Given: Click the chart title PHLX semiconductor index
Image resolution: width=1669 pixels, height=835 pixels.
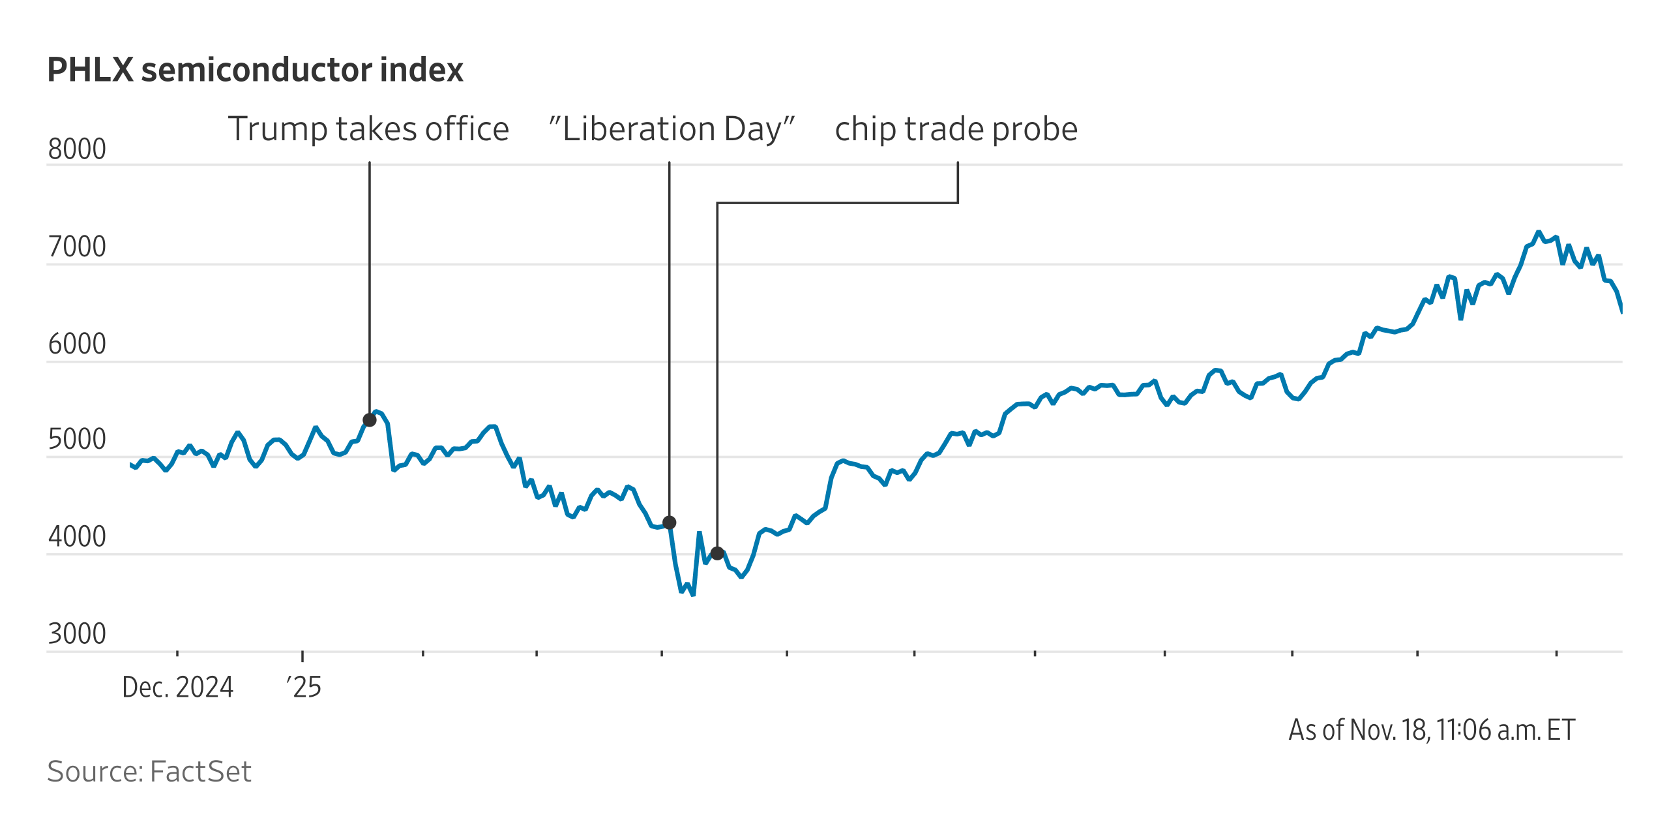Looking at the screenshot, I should [x=255, y=70].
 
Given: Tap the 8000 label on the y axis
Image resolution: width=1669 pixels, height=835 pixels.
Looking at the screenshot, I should [x=77, y=149].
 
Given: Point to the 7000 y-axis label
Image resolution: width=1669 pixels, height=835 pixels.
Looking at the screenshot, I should [x=77, y=247].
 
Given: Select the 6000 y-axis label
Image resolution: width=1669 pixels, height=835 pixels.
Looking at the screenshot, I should [x=77, y=344].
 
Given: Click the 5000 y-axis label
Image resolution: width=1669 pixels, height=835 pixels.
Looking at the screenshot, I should [x=77, y=440].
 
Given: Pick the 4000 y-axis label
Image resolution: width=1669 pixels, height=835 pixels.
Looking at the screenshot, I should [x=77, y=537].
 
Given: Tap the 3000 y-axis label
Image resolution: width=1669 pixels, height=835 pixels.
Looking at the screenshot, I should [x=77, y=634].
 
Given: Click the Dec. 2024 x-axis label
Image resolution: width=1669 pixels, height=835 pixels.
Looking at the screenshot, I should [x=177, y=688].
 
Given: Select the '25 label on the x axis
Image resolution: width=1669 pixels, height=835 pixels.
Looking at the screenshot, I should [x=304, y=688].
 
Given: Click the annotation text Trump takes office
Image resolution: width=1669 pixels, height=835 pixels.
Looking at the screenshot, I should [x=368, y=129].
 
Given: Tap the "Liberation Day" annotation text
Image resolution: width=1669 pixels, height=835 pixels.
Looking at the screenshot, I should [x=672, y=129].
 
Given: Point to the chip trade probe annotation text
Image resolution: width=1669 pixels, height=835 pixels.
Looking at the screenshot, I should [x=956, y=129].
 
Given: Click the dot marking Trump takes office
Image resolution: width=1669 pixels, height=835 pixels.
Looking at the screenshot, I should [x=370, y=420].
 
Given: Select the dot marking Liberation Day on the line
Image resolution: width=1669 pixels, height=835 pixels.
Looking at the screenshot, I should [x=670, y=523].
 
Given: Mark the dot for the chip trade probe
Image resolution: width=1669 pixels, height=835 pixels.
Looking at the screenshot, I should [x=717, y=553].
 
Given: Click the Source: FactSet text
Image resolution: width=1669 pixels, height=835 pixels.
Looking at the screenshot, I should [x=149, y=772].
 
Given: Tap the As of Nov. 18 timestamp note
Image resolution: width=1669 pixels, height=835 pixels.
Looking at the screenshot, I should [x=1432, y=730].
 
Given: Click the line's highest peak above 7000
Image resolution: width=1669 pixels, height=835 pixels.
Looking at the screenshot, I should [x=1539, y=232].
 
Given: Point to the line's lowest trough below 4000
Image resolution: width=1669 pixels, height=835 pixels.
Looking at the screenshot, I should [x=693, y=594].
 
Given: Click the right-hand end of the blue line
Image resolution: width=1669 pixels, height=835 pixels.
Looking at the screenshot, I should [x=1621, y=312].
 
